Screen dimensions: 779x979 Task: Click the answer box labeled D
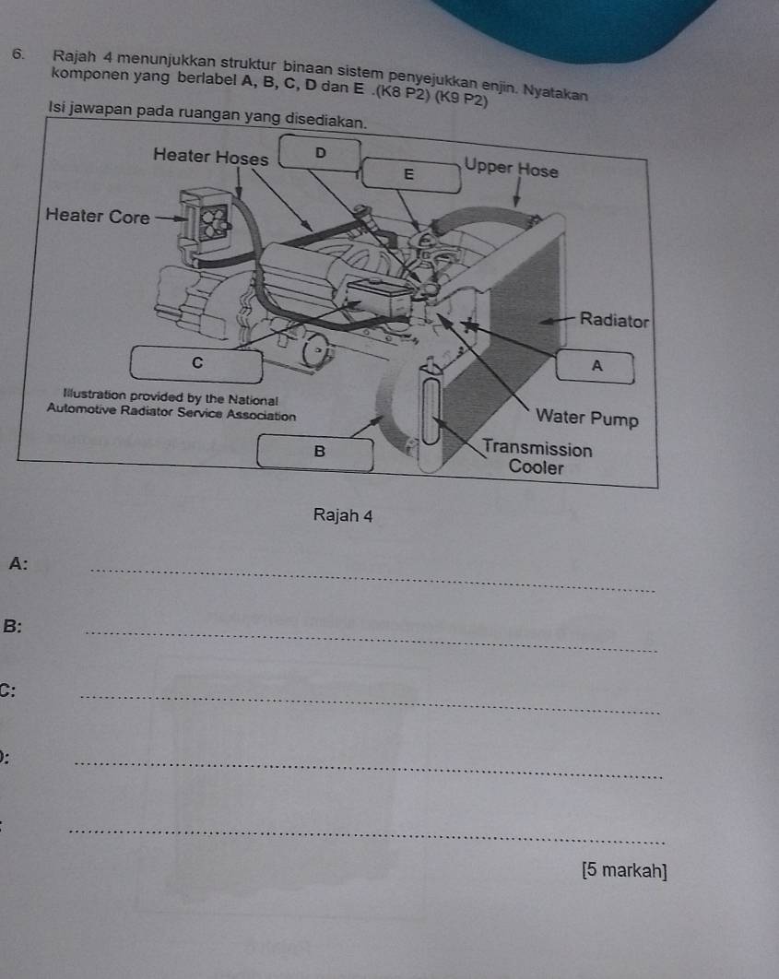(320, 153)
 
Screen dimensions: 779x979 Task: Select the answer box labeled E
(411, 175)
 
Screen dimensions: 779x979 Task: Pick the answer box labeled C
(196, 364)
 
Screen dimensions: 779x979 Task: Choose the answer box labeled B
(315, 453)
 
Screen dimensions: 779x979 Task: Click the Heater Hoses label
(210, 156)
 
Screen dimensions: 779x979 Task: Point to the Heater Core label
(98, 216)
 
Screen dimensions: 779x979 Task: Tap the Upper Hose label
(512, 168)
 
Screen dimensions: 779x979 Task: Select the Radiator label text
(614, 320)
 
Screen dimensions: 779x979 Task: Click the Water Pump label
(586, 417)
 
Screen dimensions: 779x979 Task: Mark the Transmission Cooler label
(537, 457)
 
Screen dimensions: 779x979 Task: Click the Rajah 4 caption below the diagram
(343, 515)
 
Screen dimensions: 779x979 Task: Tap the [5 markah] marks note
(624, 870)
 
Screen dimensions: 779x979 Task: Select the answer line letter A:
(18, 564)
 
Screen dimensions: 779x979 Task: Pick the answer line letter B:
(13, 626)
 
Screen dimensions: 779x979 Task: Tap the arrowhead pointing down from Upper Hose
(516, 201)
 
